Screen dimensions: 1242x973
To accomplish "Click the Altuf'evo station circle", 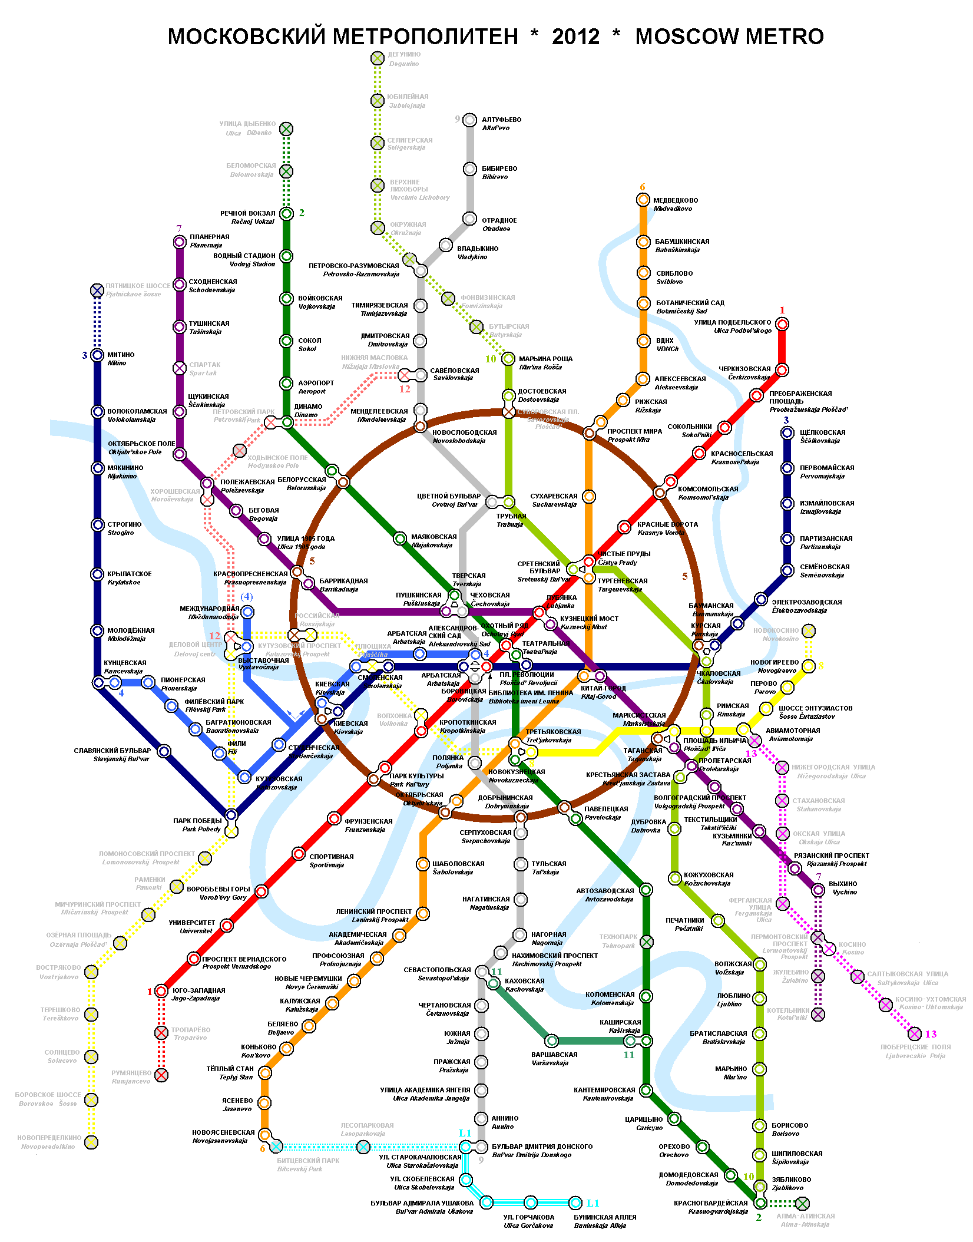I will pos(469,120).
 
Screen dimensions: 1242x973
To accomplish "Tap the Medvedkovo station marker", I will pos(643,200).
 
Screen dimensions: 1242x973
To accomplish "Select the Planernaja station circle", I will pos(180,242).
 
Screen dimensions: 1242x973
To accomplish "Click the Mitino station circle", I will pos(98,355).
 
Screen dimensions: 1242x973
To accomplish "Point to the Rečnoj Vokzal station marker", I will pos(286,213).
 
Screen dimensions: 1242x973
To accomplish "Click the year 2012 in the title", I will pos(575,37).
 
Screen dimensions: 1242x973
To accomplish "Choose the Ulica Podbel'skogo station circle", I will pos(782,324).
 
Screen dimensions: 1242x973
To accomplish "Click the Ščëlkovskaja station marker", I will pos(787,433).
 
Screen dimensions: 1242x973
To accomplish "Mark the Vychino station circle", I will pos(818,890).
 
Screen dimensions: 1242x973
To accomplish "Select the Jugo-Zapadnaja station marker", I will pos(161,992).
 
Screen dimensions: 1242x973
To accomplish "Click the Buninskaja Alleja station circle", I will pos(575,1203).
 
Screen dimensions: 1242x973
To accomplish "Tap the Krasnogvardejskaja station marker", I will pos(760,1203).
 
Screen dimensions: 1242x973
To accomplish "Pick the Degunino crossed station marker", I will pos(378,58).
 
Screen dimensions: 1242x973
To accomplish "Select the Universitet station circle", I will pos(227,926).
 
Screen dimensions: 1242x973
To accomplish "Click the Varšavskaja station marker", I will pos(552,1040).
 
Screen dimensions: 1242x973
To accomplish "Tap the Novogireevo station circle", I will pos(809,666).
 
